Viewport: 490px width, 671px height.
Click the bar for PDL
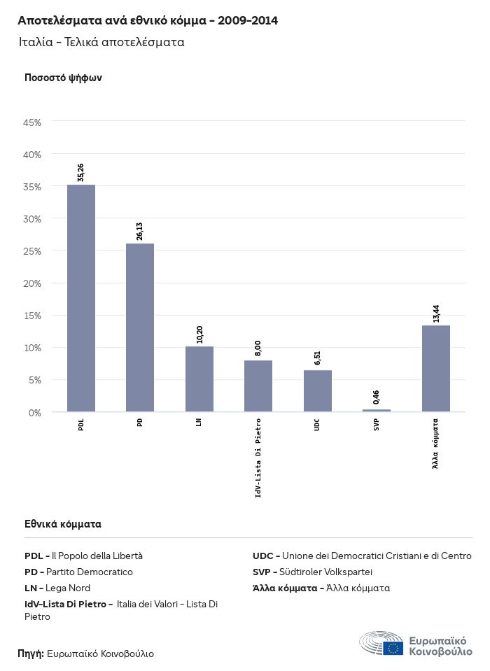point(81,298)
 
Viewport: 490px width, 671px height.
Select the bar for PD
point(140,327)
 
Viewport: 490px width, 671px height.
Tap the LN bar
point(199,379)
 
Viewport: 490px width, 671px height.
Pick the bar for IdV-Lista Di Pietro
point(258,386)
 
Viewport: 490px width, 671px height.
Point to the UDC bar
point(317,390)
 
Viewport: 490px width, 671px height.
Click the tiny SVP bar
point(377,410)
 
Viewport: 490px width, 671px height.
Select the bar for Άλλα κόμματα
point(435,368)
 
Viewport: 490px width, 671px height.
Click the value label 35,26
point(81,173)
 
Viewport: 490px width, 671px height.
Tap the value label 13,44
point(436,313)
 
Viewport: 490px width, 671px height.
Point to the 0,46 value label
point(377,397)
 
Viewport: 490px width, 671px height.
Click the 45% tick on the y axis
point(32,122)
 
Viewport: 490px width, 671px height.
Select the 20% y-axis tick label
point(32,283)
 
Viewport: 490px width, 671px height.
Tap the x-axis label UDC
point(317,425)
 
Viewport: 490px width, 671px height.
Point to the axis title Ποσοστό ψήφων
point(63,78)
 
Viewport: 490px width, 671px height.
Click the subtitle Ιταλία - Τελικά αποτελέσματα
point(101,42)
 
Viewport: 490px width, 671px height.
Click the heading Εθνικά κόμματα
point(63,523)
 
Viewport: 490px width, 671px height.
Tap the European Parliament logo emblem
point(382,644)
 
